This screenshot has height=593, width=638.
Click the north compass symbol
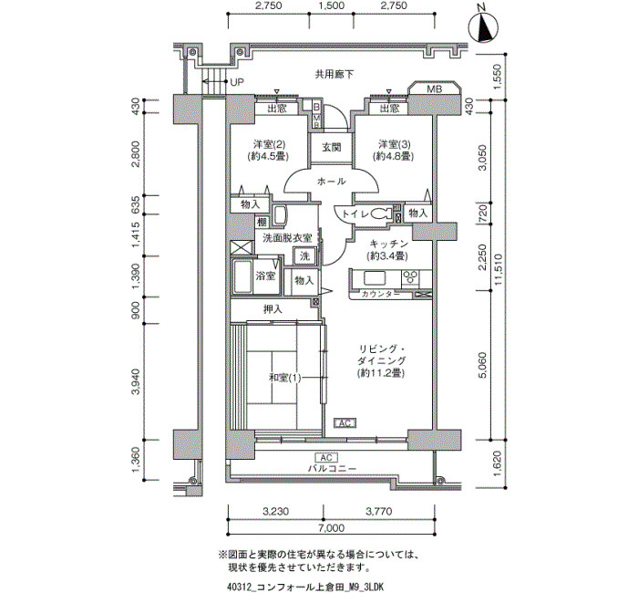click(x=483, y=26)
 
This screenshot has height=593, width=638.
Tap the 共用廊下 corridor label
click(x=334, y=75)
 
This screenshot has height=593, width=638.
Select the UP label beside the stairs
click(x=237, y=82)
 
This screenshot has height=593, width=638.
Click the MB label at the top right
click(x=434, y=88)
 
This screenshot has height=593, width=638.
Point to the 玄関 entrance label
click(x=332, y=148)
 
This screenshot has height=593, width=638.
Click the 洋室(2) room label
click(x=270, y=144)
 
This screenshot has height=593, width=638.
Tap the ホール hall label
click(x=331, y=182)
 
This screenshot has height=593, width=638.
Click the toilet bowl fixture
click(x=381, y=213)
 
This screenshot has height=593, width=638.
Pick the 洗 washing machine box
click(x=304, y=255)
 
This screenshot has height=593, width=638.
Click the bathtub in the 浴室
click(x=242, y=276)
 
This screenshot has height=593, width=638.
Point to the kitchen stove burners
click(x=410, y=277)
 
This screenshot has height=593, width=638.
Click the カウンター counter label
click(x=380, y=295)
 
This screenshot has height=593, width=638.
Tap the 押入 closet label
click(x=273, y=309)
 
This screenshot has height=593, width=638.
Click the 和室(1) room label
click(x=284, y=378)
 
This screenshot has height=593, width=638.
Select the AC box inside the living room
click(x=345, y=423)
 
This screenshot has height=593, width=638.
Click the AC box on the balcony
click(x=326, y=458)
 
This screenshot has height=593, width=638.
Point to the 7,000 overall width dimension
click(x=331, y=528)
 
